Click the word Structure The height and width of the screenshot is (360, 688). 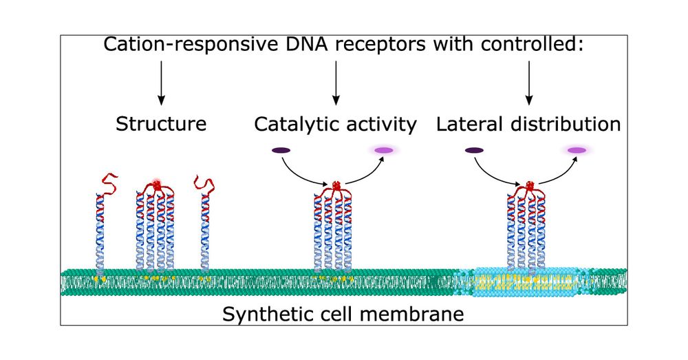tap(161, 125)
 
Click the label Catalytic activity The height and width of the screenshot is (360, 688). tap(335, 125)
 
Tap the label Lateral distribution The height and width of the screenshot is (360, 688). tap(528, 125)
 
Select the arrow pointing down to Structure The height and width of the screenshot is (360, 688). tap(161, 82)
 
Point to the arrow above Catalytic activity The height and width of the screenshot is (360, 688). tap(335, 82)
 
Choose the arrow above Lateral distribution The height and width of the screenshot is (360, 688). tap(528, 82)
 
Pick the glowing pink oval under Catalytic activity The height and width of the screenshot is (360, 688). tap(383, 150)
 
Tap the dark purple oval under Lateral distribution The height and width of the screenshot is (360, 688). tap(473, 150)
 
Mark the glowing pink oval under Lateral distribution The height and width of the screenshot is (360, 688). tap(577, 150)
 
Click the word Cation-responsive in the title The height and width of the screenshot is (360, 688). tap(181, 46)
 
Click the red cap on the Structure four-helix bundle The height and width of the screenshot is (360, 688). tap(158, 185)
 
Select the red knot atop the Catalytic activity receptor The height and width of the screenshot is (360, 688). tap(336, 187)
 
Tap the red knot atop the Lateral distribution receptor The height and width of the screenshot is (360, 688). tap(529, 187)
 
